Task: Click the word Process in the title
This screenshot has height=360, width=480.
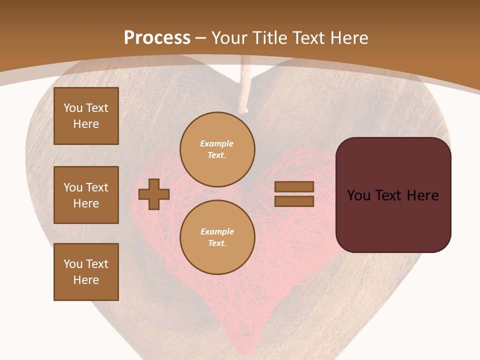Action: point(157,38)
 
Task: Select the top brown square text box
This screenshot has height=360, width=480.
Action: point(86,116)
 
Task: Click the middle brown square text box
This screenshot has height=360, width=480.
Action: point(86,195)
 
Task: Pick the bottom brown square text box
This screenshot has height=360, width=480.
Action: point(86,272)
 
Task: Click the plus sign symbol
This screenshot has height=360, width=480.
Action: point(154,194)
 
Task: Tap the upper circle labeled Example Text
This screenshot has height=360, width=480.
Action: point(217,149)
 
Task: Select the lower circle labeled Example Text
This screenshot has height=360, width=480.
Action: point(217,237)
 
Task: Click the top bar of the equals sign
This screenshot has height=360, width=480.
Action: point(294,186)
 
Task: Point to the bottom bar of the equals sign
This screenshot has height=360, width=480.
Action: point(294,201)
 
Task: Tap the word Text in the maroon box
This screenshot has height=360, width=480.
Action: point(391,195)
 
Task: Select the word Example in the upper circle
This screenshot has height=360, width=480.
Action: point(217,143)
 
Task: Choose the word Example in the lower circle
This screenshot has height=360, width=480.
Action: point(217,231)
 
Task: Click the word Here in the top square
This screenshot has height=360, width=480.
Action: point(86,124)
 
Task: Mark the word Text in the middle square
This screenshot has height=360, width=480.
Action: point(97,187)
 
